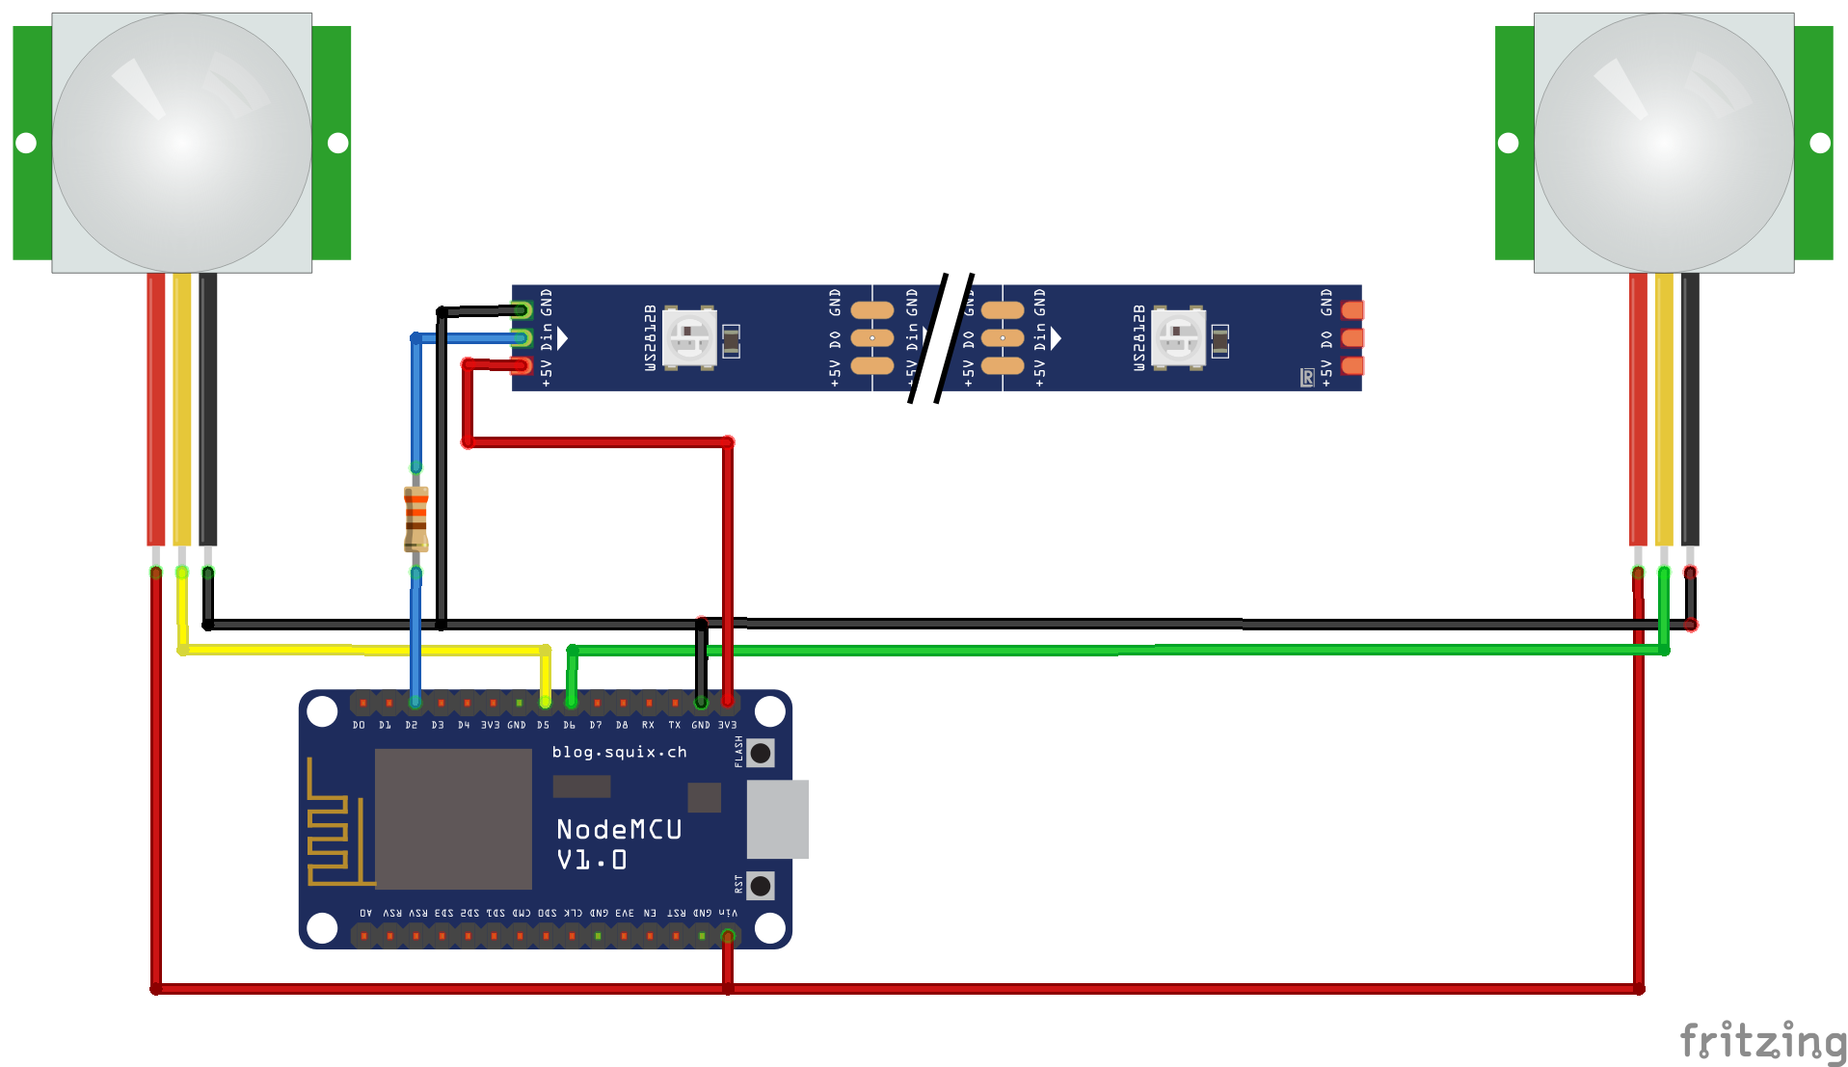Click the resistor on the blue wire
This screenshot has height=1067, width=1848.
pos(415,519)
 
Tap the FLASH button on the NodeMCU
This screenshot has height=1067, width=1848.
pos(761,753)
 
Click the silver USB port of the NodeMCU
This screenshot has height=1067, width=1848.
pos(777,819)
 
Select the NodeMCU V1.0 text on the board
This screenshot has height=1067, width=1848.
pos(618,843)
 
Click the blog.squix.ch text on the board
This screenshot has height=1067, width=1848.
pos(619,752)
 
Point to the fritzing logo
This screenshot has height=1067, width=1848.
pos(1761,1041)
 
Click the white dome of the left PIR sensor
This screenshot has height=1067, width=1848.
pos(182,143)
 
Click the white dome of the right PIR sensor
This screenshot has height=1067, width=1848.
pos(1664,143)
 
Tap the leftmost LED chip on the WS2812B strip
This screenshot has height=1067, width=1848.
pos(689,337)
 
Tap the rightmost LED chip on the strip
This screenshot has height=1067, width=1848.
pos(1178,337)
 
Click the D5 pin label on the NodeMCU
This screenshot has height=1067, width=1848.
pos(543,725)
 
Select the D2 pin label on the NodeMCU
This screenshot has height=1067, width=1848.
pos(412,725)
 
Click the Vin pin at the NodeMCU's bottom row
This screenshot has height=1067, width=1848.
pos(728,935)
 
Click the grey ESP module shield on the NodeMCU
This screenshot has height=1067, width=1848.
pos(453,819)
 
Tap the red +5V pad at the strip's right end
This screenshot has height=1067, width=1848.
pos(1353,365)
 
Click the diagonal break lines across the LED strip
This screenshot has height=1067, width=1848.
pos(941,337)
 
